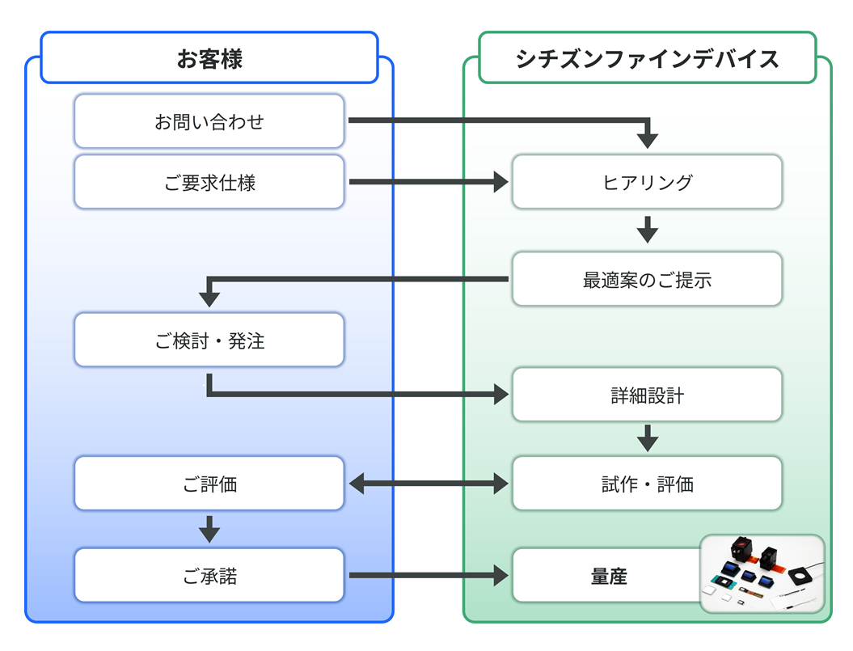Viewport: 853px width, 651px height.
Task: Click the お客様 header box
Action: (x=209, y=58)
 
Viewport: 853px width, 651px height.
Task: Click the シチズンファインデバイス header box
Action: (x=647, y=58)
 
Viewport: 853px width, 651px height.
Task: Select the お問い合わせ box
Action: (x=209, y=122)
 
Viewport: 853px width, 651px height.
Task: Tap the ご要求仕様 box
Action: (x=209, y=183)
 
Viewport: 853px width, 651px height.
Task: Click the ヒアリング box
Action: (x=647, y=183)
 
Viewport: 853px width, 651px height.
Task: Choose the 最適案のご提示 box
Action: (x=647, y=280)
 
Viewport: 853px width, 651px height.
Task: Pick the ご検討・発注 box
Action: (x=209, y=340)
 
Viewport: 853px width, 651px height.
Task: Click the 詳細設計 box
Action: (x=647, y=395)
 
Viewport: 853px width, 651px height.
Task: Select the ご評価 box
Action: (x=209, y=484)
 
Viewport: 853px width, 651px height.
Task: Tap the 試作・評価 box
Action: (x=647, y=484)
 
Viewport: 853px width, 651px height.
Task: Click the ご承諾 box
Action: (x=209, y=576)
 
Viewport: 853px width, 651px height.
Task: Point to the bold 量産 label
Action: (x=608, y=577)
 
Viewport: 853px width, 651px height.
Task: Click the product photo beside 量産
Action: (x=762, y=573)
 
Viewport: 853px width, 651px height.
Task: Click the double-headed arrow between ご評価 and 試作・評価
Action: (x=429, y=484)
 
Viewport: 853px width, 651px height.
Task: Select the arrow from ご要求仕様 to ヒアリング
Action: (x=429, y=183)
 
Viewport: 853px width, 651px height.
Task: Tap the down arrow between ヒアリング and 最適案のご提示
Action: (x=647, y=230)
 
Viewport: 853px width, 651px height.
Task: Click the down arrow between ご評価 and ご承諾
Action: (x=209, y=529)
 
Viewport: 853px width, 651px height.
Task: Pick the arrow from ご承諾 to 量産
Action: (x=429, y=576)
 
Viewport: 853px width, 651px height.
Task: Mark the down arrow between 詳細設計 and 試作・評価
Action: (x=647, y=438)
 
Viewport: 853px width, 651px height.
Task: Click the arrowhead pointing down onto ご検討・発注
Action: (x=209, y=297)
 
